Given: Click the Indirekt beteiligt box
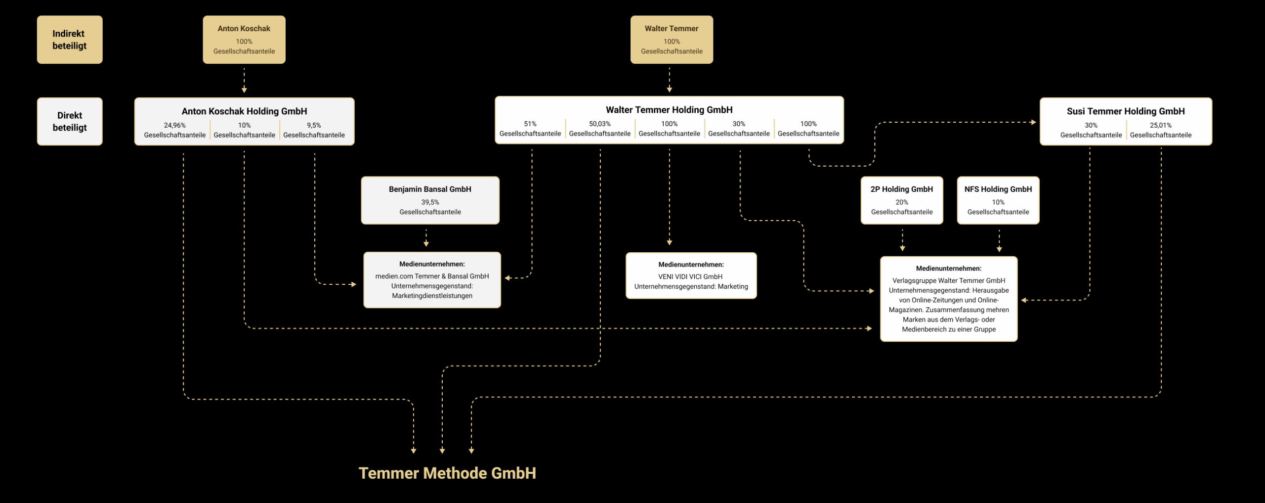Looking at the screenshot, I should [70, 40].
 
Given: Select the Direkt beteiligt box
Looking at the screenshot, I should [70, 121].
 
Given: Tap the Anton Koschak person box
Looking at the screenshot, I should [244, 40].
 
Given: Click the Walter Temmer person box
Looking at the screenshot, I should [672, 40].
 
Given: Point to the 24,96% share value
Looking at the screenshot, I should [175, 125].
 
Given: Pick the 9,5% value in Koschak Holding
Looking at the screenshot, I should [314, 125].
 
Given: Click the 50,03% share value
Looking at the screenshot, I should [600, 124].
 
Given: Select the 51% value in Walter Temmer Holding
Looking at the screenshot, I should [530, 124].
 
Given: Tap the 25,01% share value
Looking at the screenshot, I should [1161, 125].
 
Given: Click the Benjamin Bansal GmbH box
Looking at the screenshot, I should [430, 200].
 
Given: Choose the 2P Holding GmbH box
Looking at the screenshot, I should [902, 200].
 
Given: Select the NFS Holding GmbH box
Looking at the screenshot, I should [998, 200].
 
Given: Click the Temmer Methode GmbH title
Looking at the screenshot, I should [447, 473].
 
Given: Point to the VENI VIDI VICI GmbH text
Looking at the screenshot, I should [690, 276].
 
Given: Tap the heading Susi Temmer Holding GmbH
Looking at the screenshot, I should [1126, 111].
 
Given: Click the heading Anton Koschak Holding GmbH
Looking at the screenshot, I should [244, 111].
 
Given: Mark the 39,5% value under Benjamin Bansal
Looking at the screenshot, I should [430, 202].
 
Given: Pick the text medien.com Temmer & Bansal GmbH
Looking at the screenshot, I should [432, 276].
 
